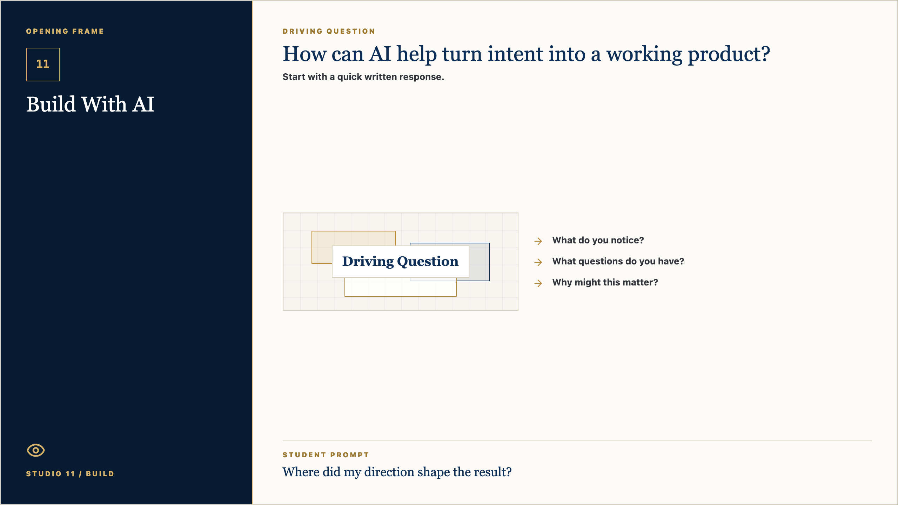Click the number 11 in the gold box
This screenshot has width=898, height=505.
43,64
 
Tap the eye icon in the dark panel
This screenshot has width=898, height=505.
36,450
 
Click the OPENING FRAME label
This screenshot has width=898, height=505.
65,31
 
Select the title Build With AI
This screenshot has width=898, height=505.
91,104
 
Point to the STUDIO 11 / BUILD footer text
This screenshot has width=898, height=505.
70,474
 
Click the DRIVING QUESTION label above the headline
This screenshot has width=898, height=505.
329,31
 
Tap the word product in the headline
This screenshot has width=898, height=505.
729,55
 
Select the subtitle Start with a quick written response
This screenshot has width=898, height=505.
363,77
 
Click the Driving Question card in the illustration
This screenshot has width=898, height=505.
401,262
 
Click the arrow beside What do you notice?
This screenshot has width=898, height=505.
538,241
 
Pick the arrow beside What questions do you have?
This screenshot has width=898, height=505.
538,262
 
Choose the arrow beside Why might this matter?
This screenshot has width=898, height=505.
538,283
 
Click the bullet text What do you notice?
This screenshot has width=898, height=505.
598,240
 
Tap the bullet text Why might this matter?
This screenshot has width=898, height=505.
605,282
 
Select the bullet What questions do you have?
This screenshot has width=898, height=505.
618,261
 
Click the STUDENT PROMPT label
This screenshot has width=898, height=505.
326,455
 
